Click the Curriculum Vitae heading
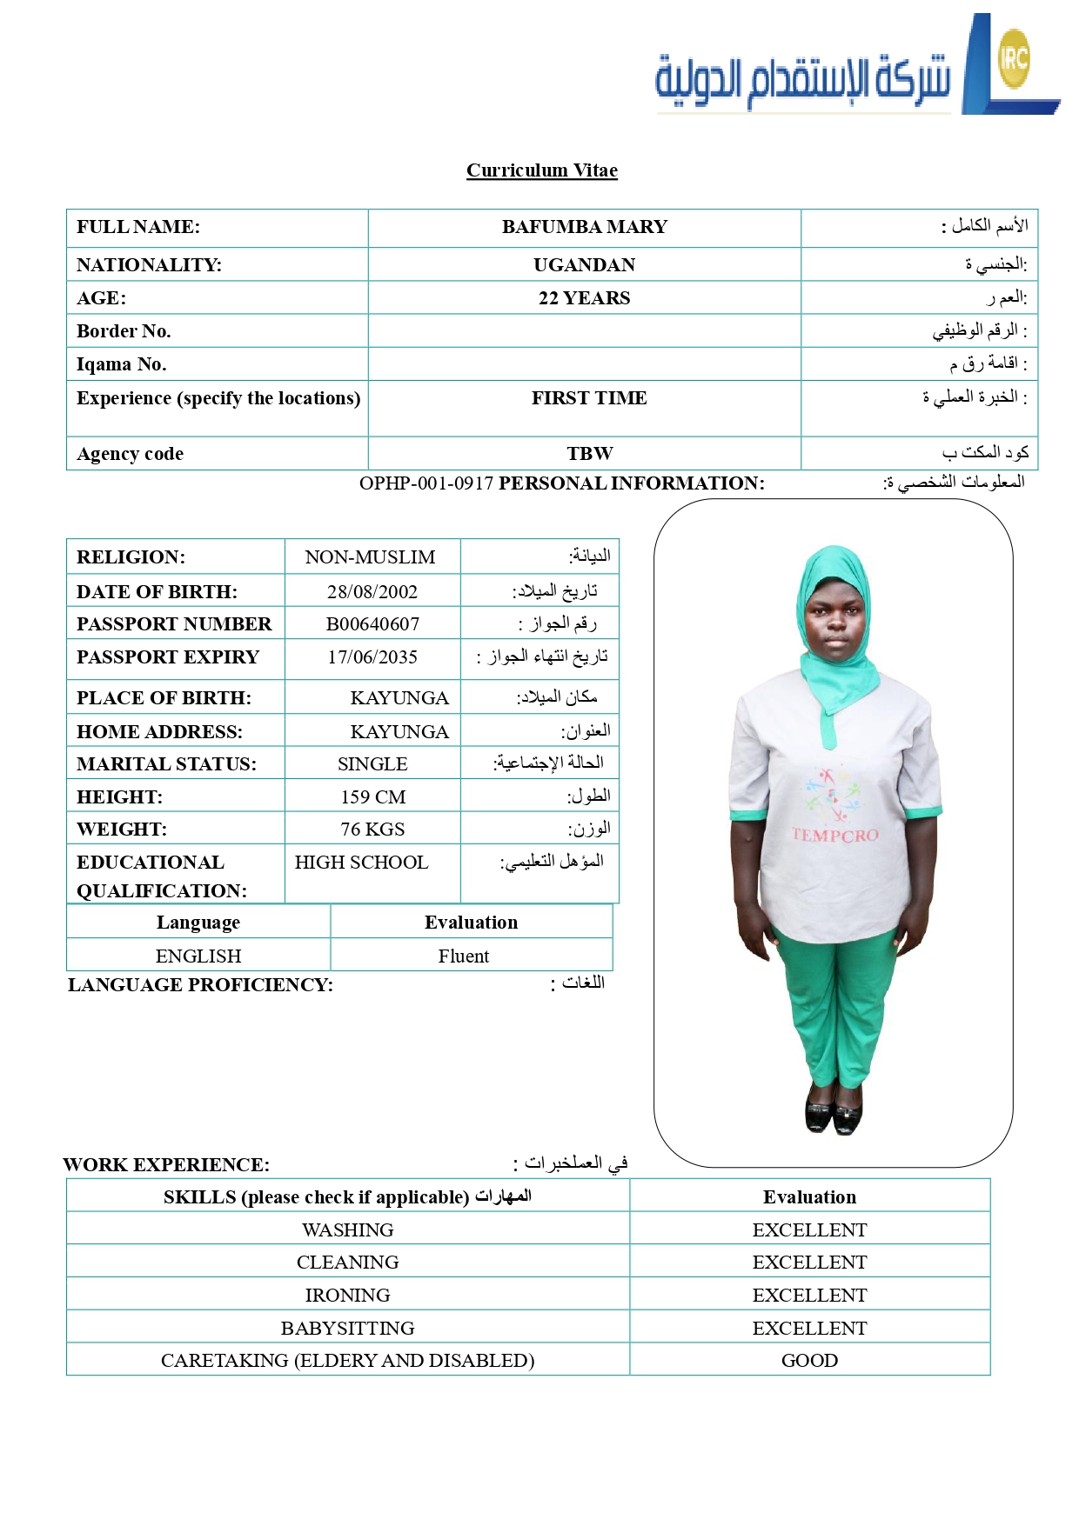point(541,170)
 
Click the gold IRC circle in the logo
point(1014,58)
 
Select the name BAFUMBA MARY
point(584,227)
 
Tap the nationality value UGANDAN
point(584,265)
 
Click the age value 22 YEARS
point(584,298)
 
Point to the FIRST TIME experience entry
point(589,398)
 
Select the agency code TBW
point(589,454)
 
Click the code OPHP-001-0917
point(426,483)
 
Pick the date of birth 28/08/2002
point(372,592)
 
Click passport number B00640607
point(372,624)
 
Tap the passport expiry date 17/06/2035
point(372,657)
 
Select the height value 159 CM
point(372,797)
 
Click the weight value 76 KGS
point(372,830)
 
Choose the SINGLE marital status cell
point(372,764)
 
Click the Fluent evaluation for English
point(464,956)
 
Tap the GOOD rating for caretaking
point(809,1361)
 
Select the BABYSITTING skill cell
point(347,1329)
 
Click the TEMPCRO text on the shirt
point(834,836)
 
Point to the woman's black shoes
point(833,1116)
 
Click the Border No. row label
point(124,331)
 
